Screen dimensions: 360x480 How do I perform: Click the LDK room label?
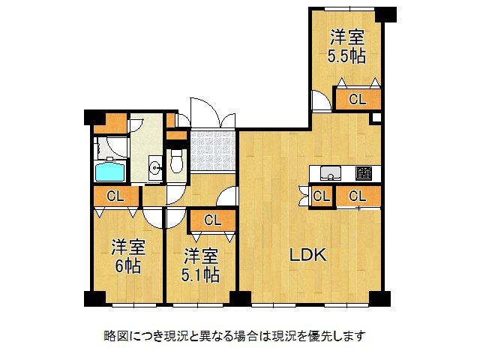pos(308,256)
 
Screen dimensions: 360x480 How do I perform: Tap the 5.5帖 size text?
pos(346,55)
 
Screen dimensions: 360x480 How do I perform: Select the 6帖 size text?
pos(128,265)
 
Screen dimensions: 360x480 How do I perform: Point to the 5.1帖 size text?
pos(200,275)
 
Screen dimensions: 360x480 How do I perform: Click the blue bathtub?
pos(109,172)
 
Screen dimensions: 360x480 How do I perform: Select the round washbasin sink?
pos(154,167)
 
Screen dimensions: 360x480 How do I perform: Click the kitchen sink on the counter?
pos(329,175)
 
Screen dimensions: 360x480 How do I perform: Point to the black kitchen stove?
pos(364,173)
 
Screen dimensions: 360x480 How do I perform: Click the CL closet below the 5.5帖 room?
pos(358,99)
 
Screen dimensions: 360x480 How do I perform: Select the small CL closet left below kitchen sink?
pos(321,196)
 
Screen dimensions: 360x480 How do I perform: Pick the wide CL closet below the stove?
pos(358,196)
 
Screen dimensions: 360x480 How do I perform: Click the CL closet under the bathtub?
pos(115,196)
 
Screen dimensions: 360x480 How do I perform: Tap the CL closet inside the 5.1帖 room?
pos(212,220)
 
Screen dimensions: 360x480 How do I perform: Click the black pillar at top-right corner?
pos(385,13)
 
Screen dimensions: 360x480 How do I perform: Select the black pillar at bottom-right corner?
pos(382,298)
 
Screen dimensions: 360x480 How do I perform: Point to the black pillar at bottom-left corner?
pos(94,298)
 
